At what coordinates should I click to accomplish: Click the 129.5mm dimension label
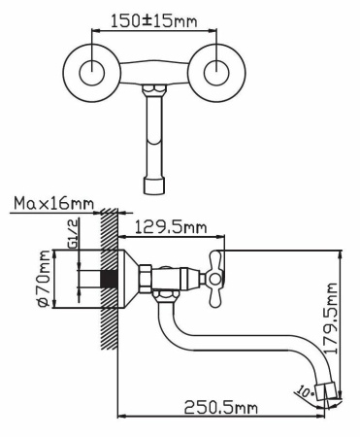coord(171,229)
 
